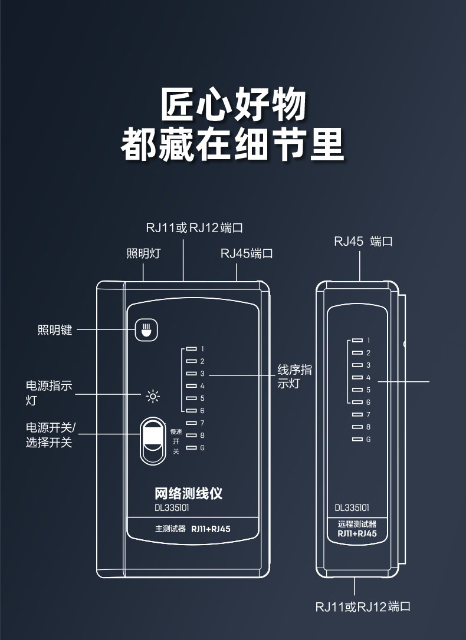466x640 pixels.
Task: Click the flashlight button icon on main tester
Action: click(146, 330)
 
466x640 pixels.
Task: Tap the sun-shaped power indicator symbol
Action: click(153, 397)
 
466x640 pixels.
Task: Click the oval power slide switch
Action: click(153, 441)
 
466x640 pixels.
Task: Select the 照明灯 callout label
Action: click(143, 253)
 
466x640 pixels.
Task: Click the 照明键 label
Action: click(55, 330)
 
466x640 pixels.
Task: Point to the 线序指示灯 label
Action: click(294, 377)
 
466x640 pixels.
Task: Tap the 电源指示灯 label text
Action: click(49, 392)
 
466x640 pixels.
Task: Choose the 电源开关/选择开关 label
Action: click(50, 435)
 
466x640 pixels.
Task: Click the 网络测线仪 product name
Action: click(188, 493)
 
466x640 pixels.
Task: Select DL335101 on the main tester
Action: click(172, 508)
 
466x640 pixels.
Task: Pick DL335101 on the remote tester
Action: click(352, 508)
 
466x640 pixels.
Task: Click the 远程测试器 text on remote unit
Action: click(357, 524)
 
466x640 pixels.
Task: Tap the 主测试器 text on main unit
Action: click(170, 529)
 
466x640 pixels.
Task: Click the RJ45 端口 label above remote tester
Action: click(363, 241)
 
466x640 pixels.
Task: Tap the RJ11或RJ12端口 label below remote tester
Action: click(363, 606)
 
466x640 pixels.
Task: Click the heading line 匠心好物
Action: click(233, 104)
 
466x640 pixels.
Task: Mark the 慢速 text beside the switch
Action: click(176, 431)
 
